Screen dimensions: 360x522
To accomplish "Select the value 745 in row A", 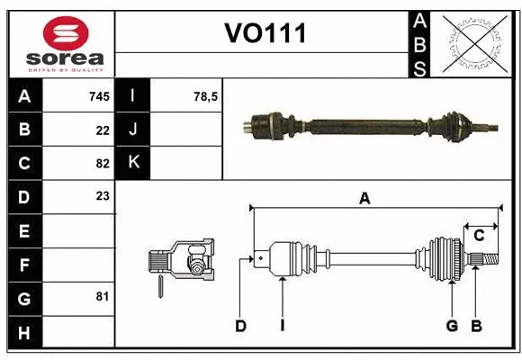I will [99, 95].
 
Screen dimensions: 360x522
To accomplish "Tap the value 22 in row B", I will [103, 130].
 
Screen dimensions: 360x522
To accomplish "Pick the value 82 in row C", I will [103, 163].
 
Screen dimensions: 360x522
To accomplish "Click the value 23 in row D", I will [103, 195].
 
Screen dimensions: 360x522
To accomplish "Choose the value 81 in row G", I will [103, 296].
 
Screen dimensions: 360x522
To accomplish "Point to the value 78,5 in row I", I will [206, 95].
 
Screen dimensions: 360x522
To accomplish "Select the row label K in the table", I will [133, 163].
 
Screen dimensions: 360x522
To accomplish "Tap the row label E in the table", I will [24, 231].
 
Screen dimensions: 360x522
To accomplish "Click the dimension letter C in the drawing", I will [479, 236].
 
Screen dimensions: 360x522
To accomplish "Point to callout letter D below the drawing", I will [240, 326].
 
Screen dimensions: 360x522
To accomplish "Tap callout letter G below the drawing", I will [452, 326].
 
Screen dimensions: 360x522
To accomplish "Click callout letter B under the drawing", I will [476, 326].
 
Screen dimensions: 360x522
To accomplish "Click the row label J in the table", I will [133, 130].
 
